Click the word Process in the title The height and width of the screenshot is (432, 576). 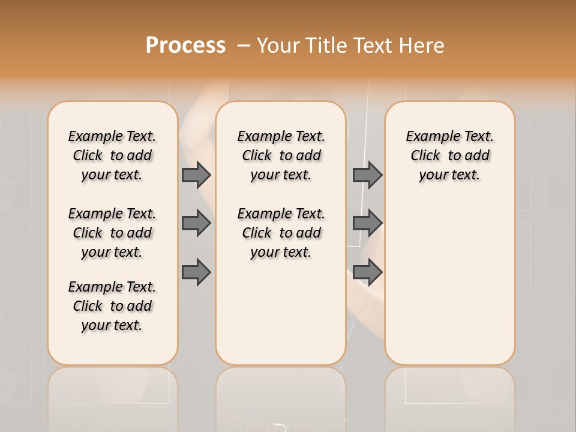185,45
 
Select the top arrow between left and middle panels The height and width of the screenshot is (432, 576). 196,175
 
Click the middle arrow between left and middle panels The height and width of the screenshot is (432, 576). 196,223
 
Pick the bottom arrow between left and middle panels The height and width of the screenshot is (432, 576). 196,272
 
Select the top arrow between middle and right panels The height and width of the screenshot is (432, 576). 367,175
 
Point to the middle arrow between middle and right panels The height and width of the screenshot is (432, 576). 367,223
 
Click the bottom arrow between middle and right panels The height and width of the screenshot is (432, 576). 367,272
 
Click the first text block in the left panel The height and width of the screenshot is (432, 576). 112,155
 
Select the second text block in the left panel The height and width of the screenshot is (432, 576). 112,233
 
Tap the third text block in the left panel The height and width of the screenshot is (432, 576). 112,306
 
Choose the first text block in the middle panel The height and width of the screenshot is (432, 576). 281,155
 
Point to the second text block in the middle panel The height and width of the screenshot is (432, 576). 281,233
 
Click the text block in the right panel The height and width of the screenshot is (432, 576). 449,155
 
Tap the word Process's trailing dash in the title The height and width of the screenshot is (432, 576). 244,46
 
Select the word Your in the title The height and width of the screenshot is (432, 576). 277,45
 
